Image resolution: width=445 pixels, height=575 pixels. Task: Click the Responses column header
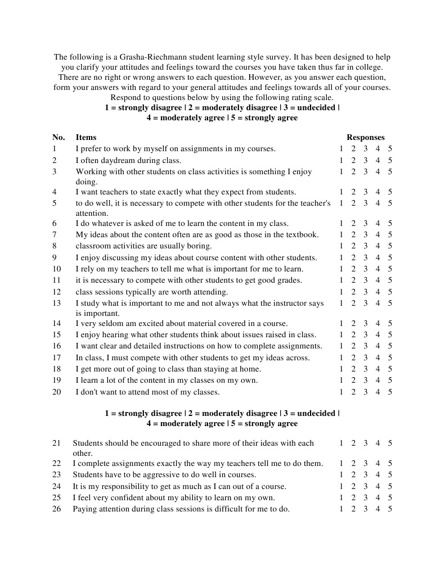click(365, 137)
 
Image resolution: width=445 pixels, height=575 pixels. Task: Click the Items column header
click(86, 137)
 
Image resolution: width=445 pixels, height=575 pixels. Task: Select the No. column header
click(59, 137)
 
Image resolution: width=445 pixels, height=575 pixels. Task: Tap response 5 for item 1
click(390, 149)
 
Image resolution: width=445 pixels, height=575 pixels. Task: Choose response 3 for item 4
click(365, 192)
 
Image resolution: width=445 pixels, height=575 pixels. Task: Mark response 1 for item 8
click(341, 246)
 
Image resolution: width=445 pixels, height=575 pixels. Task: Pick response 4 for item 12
click(377, 292)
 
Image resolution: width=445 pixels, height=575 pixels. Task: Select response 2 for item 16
click(353, 346)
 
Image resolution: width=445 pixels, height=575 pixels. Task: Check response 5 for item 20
click(390, 392)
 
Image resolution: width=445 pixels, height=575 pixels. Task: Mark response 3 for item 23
click(365, 475)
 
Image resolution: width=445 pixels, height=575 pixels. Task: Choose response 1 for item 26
click(341, 509)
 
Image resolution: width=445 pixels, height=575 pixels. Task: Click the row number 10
click(56, 269)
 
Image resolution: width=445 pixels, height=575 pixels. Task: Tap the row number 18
click(56, 369)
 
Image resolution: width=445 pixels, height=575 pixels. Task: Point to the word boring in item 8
click(200, 246)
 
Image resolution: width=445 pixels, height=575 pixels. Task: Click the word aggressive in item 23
click(156, 475)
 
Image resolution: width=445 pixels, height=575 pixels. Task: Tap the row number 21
click(56, 443)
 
